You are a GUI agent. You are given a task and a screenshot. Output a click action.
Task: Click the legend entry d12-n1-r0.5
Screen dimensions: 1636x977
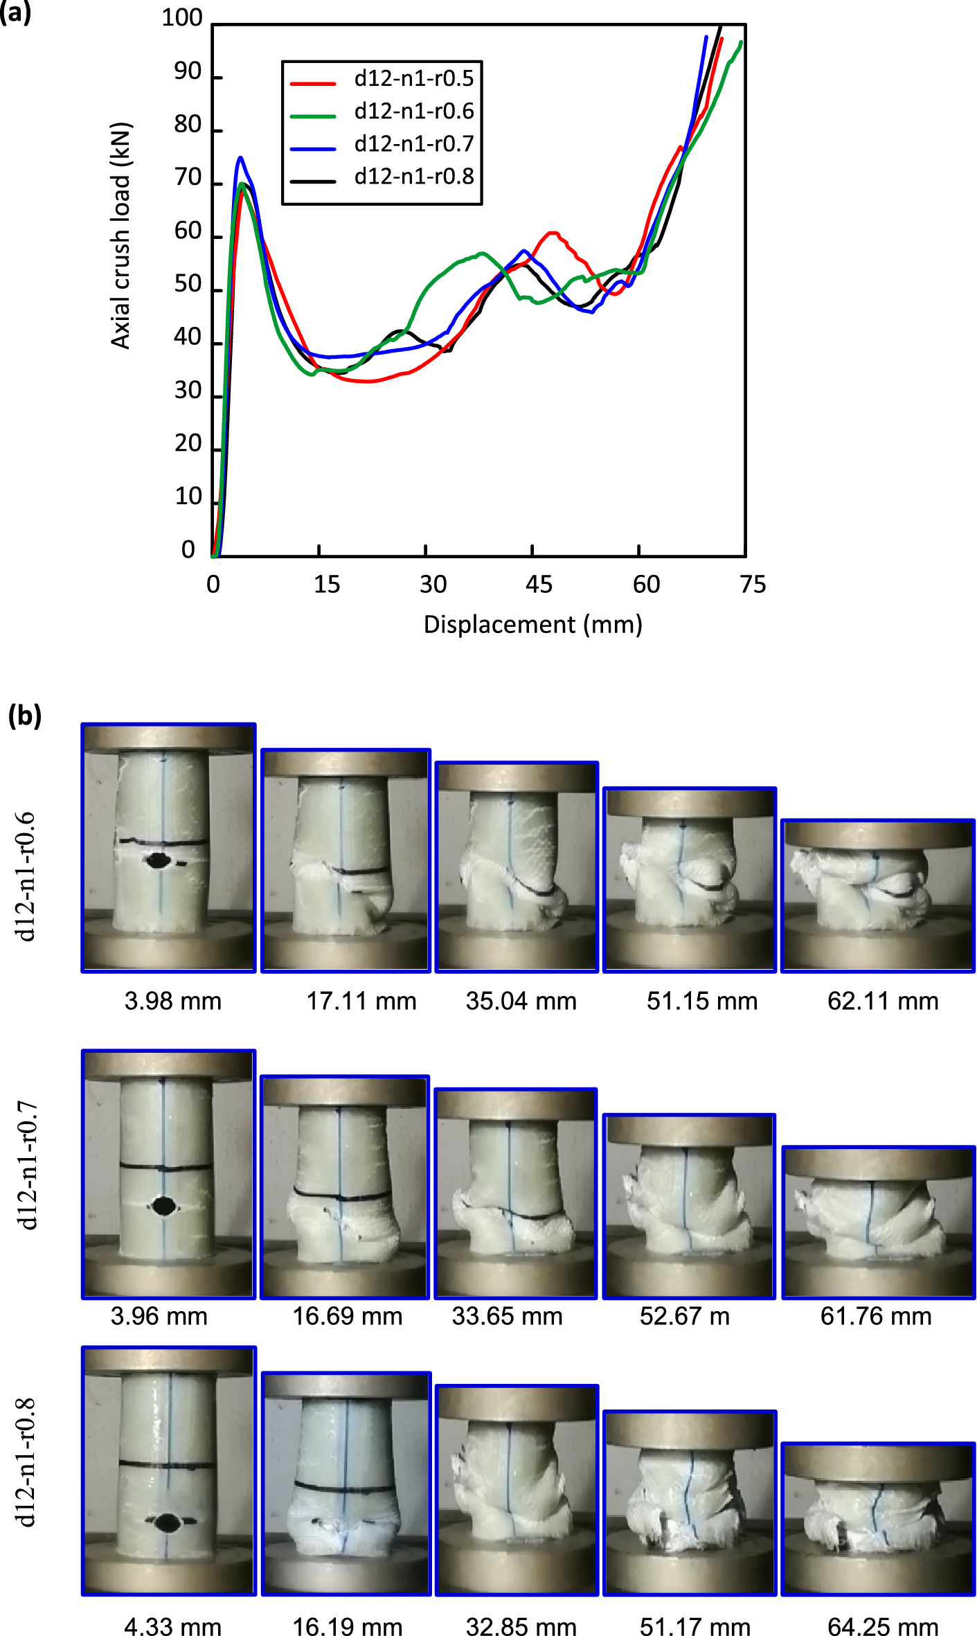click(x=413, y=79)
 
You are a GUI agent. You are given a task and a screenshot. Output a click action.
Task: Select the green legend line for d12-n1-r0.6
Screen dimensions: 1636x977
click(x=312, y=116)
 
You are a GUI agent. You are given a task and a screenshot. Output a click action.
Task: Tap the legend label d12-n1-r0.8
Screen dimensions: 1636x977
click(x=413, y=177)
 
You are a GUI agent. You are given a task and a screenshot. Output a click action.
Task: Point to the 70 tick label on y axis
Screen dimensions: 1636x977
click(x=188, y=179)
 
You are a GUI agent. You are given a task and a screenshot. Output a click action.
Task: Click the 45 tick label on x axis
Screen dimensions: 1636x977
click(x=539, y=585)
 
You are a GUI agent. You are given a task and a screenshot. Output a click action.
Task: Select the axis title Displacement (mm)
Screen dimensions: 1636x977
click(x=532, y=625)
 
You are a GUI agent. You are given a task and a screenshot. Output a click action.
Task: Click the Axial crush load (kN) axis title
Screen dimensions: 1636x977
click(x=120, y=235)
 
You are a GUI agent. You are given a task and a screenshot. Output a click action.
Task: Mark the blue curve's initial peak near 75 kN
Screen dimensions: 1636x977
click(x=240, y=159)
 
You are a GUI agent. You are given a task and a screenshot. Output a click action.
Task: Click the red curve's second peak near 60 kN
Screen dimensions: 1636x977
click(x=553, y=233)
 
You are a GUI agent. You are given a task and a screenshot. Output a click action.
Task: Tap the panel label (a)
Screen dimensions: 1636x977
click(x=15, y=12)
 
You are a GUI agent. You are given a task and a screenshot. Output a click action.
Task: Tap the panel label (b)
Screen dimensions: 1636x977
click(x=24, y=716)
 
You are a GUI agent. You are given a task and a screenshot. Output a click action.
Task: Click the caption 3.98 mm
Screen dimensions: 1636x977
click(x=173, y=1002)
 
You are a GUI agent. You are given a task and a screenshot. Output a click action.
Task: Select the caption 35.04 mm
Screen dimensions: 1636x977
click(x=521, y=1002)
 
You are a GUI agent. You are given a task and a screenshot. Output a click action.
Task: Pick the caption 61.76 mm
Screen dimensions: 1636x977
click(x=876, y=1316)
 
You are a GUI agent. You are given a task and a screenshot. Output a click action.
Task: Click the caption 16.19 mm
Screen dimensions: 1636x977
click(x=347, y=1626)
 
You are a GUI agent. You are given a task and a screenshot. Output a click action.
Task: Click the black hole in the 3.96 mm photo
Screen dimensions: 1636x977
click(x=163, y=1206)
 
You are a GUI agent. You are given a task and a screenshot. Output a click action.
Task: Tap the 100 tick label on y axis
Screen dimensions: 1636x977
click(x=181, y=18)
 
